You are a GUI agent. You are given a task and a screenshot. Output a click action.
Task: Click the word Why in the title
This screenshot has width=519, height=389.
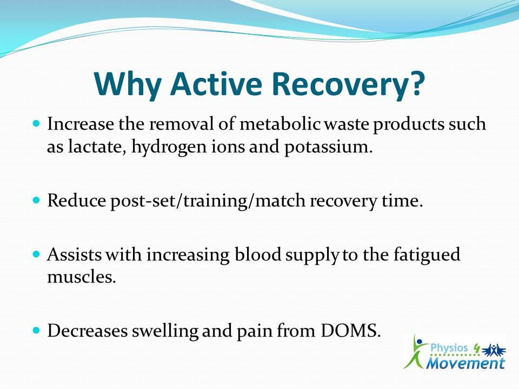128,84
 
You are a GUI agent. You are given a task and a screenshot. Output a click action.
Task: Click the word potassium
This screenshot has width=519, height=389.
328,147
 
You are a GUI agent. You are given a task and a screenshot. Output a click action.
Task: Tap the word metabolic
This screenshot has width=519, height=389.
280,124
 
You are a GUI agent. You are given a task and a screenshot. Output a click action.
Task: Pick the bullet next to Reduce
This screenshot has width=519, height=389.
36,200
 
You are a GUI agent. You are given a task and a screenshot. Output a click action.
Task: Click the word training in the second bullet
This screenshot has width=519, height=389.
214,201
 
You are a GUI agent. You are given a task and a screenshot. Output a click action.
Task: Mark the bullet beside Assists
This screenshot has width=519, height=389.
36,254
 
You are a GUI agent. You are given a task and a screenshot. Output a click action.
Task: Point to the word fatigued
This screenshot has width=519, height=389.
427,255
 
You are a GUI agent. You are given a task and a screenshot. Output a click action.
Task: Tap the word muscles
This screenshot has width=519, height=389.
82,277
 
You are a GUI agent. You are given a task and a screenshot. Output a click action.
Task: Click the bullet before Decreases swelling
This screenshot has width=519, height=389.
36,330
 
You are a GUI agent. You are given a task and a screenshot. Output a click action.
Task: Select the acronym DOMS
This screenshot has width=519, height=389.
350,331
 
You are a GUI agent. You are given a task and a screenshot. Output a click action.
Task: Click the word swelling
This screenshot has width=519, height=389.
165,331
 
